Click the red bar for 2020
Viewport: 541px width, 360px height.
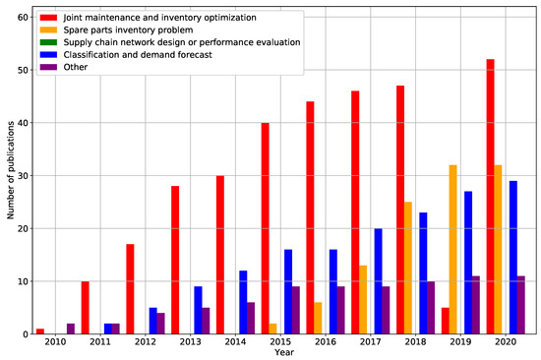(490, 197)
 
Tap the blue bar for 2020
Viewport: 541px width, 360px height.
(512, 258)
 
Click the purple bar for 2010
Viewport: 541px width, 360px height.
(70, 329)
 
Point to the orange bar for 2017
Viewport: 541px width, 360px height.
(364, 300)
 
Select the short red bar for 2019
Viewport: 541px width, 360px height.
(445, 321)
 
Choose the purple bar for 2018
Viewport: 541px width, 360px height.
(432, 308)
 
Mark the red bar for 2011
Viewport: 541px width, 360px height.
(85, 308)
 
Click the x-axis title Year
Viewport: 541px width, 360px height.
(285, 353)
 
